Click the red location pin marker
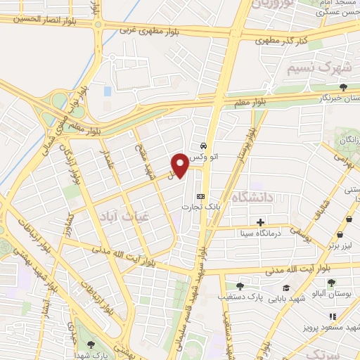coord(180,165)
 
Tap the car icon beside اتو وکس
coord(203,145)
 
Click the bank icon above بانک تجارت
coord(201,196)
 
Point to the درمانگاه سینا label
coord(259,232)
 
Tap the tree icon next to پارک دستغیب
coord(240,286)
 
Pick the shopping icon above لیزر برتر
coord(341,235)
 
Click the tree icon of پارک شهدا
coord(91,344)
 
